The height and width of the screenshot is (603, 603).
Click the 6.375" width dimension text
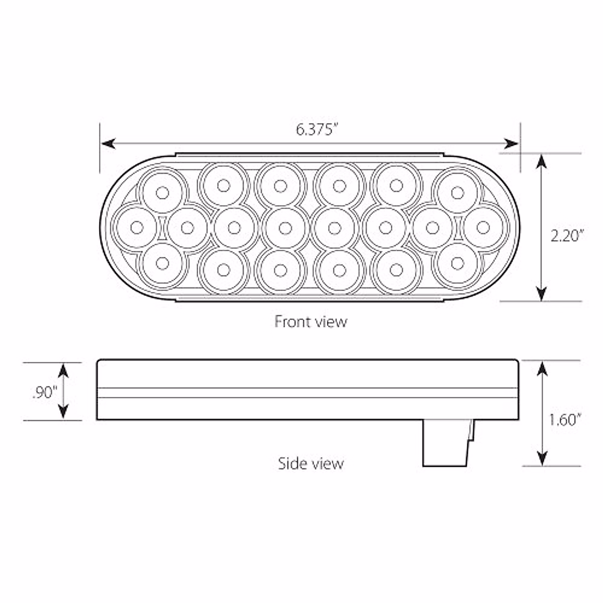point(315,130)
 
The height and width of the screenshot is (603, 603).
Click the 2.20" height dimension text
point(567,235)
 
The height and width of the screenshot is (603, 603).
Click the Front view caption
point(311,321)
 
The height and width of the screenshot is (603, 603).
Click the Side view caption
point(311,463)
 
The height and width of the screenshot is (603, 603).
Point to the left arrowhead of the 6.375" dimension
point(107,144)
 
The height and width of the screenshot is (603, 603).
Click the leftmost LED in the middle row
point(136,228)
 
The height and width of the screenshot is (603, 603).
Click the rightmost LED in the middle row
point(483,227)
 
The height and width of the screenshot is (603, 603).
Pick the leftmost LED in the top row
point(162,192)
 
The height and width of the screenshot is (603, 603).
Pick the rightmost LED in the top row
point(457,192)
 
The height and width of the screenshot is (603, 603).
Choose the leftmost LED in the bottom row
point(162,262)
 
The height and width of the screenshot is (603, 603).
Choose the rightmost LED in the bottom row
point(457,262)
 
